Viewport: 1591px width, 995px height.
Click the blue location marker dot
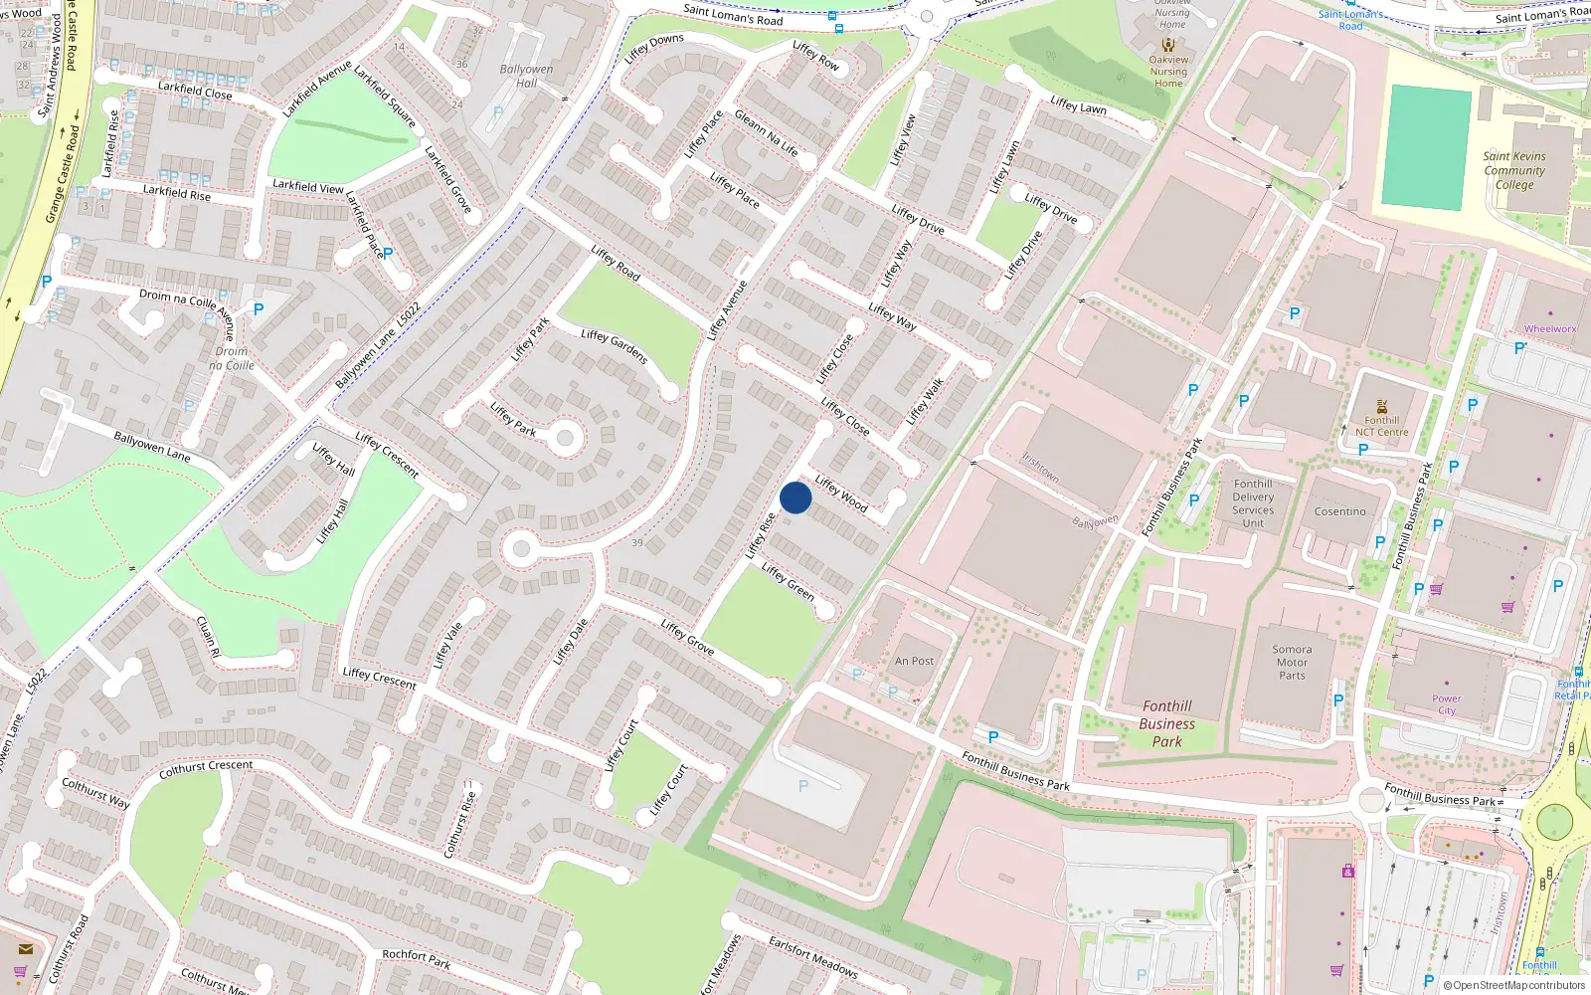pyautogui.click(x=795, y=497)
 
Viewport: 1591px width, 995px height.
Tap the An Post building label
pyautogui.click(x=914, y=661)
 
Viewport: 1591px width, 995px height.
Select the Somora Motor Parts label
pyautogui.click(x=1292, y=662)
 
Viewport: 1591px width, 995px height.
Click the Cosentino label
pyautogui.click(x=1339, y=511)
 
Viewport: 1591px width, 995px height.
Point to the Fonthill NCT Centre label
pyautogui.click(x=1381, y=426)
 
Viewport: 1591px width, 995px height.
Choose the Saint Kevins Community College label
pyautogui.click(x=1513, y=170)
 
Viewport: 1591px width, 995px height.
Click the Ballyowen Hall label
pyautogui.click(x=526, y=76)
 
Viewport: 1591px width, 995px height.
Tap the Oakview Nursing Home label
pyautogui.click(x=1168, y=71)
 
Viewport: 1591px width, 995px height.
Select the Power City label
pyautogui.click(x=1446, y=704)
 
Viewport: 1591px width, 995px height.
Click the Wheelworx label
pyautogui.click(x=1550, y=329)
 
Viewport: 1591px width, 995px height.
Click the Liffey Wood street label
pyautogui.click(x=841, y=494)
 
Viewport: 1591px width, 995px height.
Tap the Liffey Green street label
pyautogui.click(x=788, y=581)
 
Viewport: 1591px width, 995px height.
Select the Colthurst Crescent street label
pyautogui.click(x=206, y=768)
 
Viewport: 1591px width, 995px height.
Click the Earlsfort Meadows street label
pyautogui.click(x=812, y=956)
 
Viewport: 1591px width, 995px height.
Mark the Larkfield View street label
pyautogui.click(x=308, y=186)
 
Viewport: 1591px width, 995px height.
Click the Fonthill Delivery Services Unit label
pyautogui.click(x=1253, y=503)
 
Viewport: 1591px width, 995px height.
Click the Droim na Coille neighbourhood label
pyautogui.click(x=231, y=358)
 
